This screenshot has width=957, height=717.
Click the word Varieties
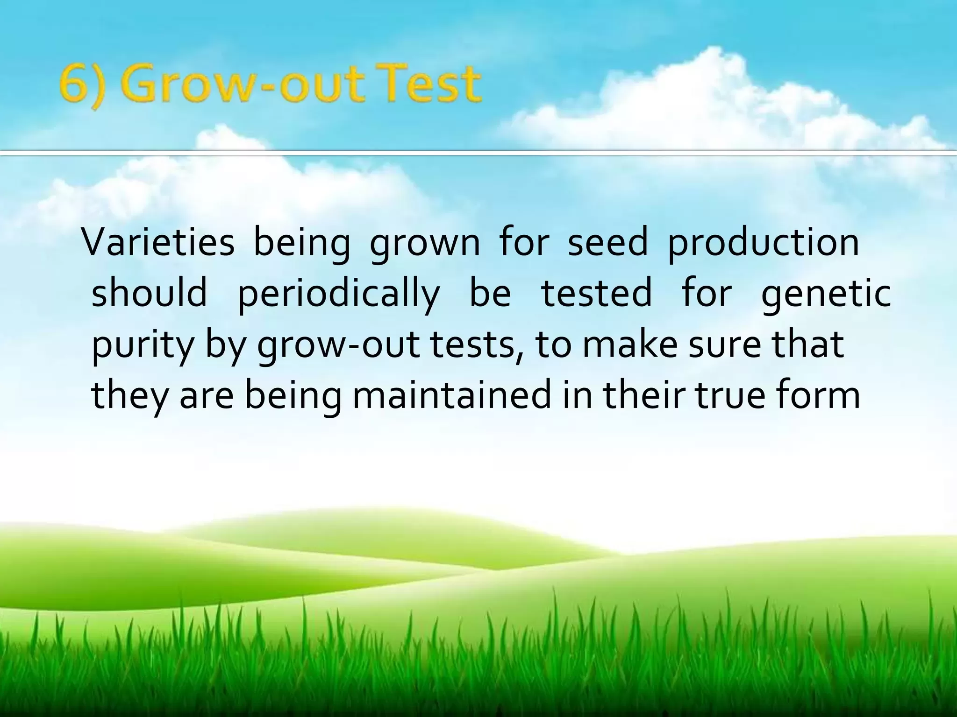pyautogui.click(x=158, y=242)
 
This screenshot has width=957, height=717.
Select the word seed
pyautogui.click(x=607, y=242)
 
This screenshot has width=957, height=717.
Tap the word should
pyautogui.click(x=150, y=293)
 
